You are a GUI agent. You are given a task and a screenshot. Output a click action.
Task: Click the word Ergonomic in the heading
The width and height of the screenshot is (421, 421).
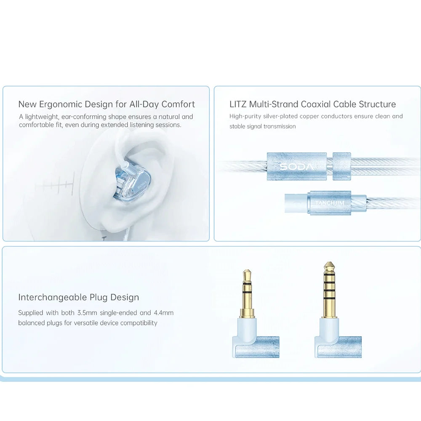pyautogui.click(x=60, y=104)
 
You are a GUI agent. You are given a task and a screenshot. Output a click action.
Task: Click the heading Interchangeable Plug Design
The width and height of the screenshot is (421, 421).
pyautogui.click(x=78, y=297)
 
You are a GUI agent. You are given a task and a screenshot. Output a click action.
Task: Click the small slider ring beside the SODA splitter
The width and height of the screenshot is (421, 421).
pyautogui.click(x=341, y=166)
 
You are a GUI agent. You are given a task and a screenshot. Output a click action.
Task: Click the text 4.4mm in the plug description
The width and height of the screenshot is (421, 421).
pyautogui.click(x=163, y=313)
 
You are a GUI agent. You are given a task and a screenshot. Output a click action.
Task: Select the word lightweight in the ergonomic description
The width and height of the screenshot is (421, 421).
pyautogui.click(x=41, y=117)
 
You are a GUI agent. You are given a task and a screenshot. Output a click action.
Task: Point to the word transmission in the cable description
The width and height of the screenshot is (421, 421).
pyautogui.click(x=280, y=126)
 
